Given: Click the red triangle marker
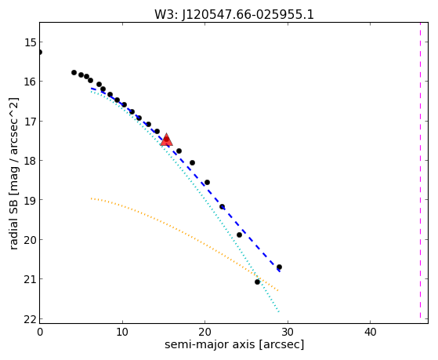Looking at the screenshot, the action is (166, 140).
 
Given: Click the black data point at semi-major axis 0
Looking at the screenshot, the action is (40, 53).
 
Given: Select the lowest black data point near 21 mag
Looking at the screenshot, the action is (257, 282).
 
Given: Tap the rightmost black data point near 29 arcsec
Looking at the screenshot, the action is (279, 267).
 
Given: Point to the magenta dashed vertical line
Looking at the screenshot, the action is (420, 170).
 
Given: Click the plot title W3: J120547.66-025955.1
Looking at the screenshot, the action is (234, 15).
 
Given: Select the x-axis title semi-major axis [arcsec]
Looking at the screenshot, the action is (234, 344).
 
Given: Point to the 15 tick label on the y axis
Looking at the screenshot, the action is (31, 42).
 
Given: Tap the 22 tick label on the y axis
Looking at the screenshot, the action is (31, 319).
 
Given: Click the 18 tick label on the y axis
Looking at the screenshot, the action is (31, 161).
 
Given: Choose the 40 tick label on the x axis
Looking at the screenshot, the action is (370, 332).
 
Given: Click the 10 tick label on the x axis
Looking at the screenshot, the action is (122, 332).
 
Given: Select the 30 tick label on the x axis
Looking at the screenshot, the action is (288, 332).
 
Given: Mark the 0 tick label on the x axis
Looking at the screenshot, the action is (40, 332).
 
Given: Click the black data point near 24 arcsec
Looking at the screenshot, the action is (239, 235).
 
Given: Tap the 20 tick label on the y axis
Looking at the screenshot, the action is (31, 240).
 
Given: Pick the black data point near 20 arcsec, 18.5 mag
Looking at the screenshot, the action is (207, 183).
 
